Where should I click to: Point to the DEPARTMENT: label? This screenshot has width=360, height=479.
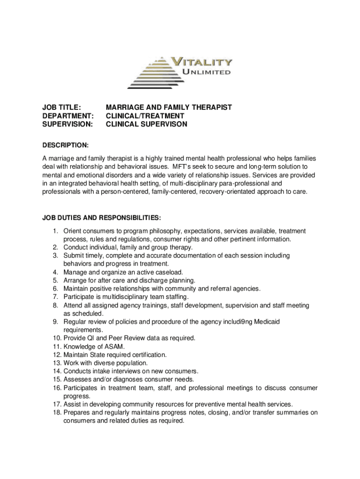pos(68,116)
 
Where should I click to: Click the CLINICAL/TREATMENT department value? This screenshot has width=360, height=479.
pos(145,116)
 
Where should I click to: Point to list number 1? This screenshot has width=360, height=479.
pos(55,231)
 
